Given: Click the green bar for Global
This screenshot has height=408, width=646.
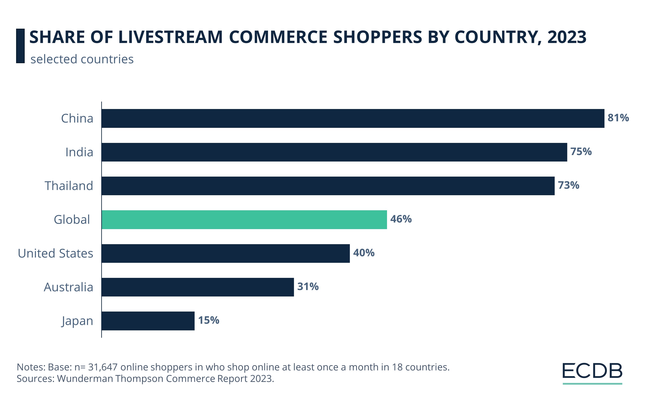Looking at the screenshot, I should (x=244, y=220).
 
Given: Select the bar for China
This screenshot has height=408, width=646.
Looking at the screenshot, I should (x=353, y=118).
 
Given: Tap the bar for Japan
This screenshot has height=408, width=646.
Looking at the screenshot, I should (x=148, y=321).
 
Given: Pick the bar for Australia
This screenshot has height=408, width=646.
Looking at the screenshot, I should (x=197, y=287).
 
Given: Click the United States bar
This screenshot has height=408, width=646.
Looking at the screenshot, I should (x=225, y=253).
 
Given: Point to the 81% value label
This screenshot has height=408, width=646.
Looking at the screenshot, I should (x=618, y=118).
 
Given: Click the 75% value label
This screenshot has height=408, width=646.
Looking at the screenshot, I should (x=581, y=151).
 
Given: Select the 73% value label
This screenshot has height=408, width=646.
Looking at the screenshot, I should (x=568, y=185).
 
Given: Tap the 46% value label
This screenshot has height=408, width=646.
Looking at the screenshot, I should (x=401, y=219).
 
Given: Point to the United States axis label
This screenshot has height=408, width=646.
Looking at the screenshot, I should (x=55, y=253).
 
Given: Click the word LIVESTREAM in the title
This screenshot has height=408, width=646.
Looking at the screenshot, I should (x=171, y=37).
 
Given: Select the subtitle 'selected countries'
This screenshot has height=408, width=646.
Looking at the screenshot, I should (x=82, y=59).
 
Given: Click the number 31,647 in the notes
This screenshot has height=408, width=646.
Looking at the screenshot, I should (x=103, y=367).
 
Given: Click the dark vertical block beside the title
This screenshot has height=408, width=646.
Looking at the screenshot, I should (x=20, y=46).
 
